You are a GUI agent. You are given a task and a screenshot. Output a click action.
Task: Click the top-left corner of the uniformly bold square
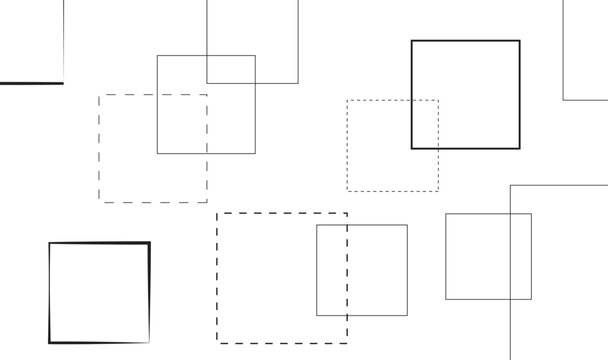(412, 41)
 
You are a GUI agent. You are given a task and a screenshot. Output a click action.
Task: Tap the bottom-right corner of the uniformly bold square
(519, 148)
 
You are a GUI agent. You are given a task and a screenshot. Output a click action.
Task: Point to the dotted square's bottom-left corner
(347, 190)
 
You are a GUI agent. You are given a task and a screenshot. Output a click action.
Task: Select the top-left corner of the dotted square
(347, 100)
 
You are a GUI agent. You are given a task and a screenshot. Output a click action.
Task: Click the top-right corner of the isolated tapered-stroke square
(149, 243)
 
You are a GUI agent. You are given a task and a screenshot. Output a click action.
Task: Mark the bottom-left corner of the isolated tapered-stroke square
(50, 342)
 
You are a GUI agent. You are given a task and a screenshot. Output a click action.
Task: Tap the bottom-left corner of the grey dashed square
(99, 202)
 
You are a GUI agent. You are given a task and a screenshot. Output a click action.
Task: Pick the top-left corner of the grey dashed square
(99, 95)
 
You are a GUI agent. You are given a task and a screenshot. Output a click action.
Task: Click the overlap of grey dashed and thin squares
(182, 124)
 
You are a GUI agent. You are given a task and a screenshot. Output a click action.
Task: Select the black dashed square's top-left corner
(217, 213)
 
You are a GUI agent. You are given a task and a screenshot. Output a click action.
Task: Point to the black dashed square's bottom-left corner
(217, 343)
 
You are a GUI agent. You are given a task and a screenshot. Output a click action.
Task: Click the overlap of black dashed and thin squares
(332, 270)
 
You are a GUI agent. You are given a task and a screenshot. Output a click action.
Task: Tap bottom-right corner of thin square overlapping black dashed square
(407, 315)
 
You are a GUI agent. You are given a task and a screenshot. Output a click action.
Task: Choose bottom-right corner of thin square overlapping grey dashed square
(255, 154)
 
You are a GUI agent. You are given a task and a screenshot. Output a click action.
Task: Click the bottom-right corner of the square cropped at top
(298, 83)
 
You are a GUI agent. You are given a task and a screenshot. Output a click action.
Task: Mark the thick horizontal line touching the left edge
(31, 83)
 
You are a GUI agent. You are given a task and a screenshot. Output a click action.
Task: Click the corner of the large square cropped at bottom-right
(510, 185)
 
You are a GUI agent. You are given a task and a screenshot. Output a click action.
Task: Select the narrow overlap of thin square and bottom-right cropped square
(520, 256)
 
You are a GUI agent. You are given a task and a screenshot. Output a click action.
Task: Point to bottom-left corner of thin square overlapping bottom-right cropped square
(446, 299)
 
